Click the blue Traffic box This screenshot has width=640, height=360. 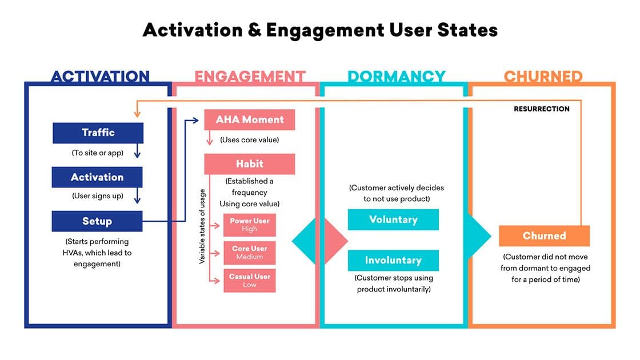click(98, 133)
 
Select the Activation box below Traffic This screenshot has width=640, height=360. click(97, 177)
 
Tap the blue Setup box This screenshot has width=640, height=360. click(97, 221)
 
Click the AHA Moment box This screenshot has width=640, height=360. click(250, 119)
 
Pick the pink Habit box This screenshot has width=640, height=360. click(250, 164)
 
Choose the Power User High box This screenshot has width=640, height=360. click(250, 225)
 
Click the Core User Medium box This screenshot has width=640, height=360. click(250, 253)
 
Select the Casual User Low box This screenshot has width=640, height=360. click(250, 280)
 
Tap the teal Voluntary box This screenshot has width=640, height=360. click(393, 219)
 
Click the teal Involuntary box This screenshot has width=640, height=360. click(393, 260)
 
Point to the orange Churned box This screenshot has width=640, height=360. click(544, 235)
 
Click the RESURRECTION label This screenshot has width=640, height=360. click(542, 109)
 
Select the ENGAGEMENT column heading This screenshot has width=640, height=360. click(250, 77)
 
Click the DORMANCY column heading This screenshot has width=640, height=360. click(397, 77)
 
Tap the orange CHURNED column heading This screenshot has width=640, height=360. click(543, 77)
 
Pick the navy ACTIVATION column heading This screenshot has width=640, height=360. click(100, 77)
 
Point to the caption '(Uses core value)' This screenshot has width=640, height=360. click(250, 140)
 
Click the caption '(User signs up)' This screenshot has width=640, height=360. click(97, 196)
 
